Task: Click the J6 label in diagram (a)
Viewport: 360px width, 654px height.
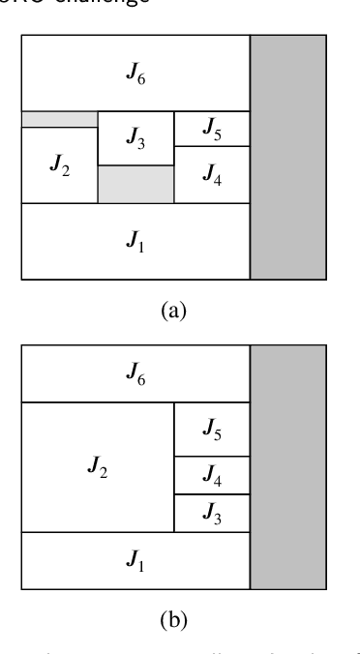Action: tap(136, 74)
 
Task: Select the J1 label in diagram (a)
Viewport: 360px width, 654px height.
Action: tap(136, 242)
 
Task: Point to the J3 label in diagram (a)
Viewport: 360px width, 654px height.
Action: tap(136, 139)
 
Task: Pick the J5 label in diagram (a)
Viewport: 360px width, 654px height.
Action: tap(211, 129)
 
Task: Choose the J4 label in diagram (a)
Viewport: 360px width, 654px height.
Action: tap(211, 175)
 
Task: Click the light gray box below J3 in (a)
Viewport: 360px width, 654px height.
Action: tap(136, 184)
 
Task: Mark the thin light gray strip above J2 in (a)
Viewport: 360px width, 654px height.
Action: tap(60, 119)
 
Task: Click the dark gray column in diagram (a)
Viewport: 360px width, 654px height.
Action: tap(287, 158)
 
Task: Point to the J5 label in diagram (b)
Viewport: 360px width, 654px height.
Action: tap(211, 430)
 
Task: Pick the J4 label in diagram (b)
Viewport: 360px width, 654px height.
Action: tap(211, 475)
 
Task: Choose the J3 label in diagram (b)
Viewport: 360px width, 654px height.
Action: tap(211, 513)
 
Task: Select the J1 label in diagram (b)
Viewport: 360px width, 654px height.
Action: tap(136, 560)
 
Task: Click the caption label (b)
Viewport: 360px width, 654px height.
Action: tap(173, 619)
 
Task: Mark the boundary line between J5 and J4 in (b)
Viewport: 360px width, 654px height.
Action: tap(211, 457)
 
